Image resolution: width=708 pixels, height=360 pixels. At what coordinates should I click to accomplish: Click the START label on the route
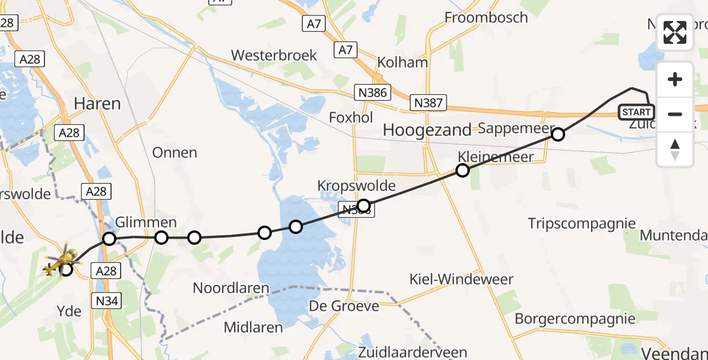point(636,112)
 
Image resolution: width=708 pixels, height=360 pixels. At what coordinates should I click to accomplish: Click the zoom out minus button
point(675,113)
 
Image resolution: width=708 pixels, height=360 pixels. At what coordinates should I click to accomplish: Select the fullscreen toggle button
point(675,32)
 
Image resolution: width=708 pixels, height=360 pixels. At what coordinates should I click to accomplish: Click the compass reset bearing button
point(675,149)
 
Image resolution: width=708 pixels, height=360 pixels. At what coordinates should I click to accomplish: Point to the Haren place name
point(97,104)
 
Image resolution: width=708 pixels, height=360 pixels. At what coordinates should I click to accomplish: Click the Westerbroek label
point(274,55)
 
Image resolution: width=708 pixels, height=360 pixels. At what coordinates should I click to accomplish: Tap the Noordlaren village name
point(231,288)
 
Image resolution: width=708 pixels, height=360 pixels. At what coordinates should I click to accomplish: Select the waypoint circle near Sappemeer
point(557,134)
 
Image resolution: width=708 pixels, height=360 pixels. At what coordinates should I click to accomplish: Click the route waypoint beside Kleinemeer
point(463,170)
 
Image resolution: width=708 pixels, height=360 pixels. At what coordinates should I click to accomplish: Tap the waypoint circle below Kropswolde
point(363,206)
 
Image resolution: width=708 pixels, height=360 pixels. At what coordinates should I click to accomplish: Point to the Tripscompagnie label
point(581,224)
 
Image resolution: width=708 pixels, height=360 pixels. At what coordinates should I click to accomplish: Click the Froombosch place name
point(486,17)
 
